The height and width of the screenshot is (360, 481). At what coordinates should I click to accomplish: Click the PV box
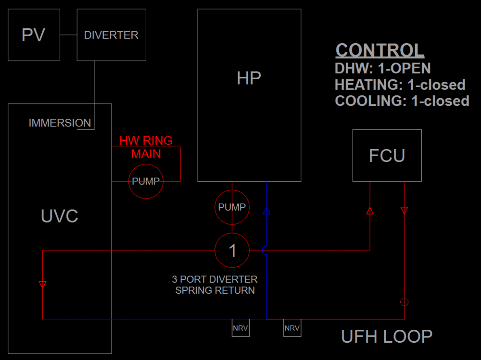pyautogui.click(x=34, y=35)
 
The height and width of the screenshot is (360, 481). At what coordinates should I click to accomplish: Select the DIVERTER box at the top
pyautogui.click(x=111, y=35)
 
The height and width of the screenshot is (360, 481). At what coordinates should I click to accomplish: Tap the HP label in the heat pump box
pyautogui.click(x=249, y=78)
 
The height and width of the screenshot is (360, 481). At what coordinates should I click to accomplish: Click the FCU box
pyautogui.click(x=387, y=155)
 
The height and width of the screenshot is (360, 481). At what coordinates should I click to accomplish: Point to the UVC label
pyautogui.click(x=59, y=216)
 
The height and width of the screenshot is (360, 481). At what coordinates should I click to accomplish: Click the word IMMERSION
pyautogui.click(x=60, y=123)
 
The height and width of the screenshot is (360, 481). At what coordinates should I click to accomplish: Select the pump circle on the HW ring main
pyautogui.click(x=146, y=182)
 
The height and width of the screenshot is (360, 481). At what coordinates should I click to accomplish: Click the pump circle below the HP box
pyautogui.click(x=232, y=207)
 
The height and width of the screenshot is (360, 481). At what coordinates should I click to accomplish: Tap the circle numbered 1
pyautogui.click(x=232, y=250)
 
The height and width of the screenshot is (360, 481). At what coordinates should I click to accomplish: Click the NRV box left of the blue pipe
pyautogui.click(x=240, y=328)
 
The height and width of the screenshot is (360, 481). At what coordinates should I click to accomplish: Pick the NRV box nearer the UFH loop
pyautogui.click(x=292, y=328)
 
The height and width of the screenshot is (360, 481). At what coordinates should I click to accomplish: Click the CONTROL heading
pyautogui.click(x=380, y=50)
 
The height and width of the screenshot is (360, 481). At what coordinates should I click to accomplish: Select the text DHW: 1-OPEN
pyautogui.click(x=382, y=68)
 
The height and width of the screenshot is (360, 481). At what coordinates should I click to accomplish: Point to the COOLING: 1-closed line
pyautogui.click(x=402, y=101)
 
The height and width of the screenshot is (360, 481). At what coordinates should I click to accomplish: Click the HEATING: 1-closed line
pyautogui.click(x=400, y=85)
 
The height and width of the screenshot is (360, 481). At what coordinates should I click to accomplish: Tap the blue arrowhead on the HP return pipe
pyautogui.click(x=266, y=210)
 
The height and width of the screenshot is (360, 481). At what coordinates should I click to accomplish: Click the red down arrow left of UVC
pyautogui.click(x=43, y=285)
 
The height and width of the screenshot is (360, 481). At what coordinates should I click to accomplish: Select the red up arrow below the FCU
pyautogui.click(x=369, y=211)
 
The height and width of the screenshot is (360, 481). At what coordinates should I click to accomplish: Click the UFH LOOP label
pyautogui.click(x=386, y=336)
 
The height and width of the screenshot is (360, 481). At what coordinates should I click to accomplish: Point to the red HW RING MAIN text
pyautogui.click(x=146, y=147)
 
